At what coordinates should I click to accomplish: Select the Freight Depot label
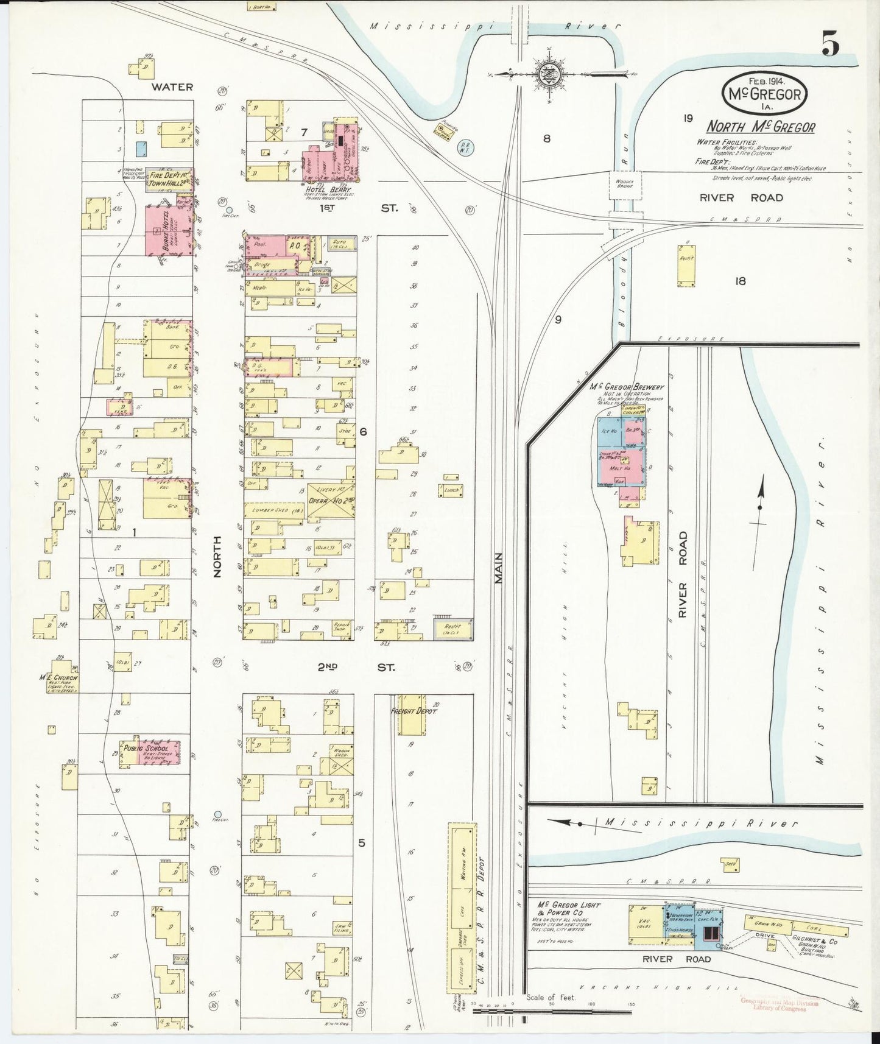click(414, 711)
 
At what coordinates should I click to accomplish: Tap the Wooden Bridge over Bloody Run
click(624, 183)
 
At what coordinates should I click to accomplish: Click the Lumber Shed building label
click(274, 510)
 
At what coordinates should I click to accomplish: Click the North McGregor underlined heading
click(760, 127)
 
